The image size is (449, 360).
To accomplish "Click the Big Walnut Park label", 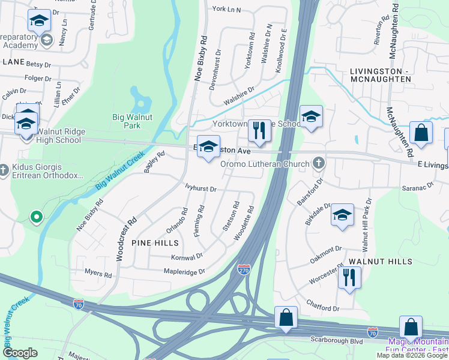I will pos(126,121).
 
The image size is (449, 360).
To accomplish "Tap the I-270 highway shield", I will pos(244,270).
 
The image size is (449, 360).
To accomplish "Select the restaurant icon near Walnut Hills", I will pos(349,278).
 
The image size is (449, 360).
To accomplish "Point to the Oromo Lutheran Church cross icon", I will pos(319,163).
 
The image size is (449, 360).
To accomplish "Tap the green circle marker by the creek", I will pos(36,216).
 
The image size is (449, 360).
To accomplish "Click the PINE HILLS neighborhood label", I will pos(156,243).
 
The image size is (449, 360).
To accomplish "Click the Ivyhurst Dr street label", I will pos(200,188).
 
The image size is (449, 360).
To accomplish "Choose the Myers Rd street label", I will pos(98,274).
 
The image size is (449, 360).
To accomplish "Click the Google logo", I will pos(21,353).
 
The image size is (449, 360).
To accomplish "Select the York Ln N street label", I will pos(226,10).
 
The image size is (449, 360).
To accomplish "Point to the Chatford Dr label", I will pos(322,308).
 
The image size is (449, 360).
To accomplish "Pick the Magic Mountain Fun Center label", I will pos(417,346).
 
